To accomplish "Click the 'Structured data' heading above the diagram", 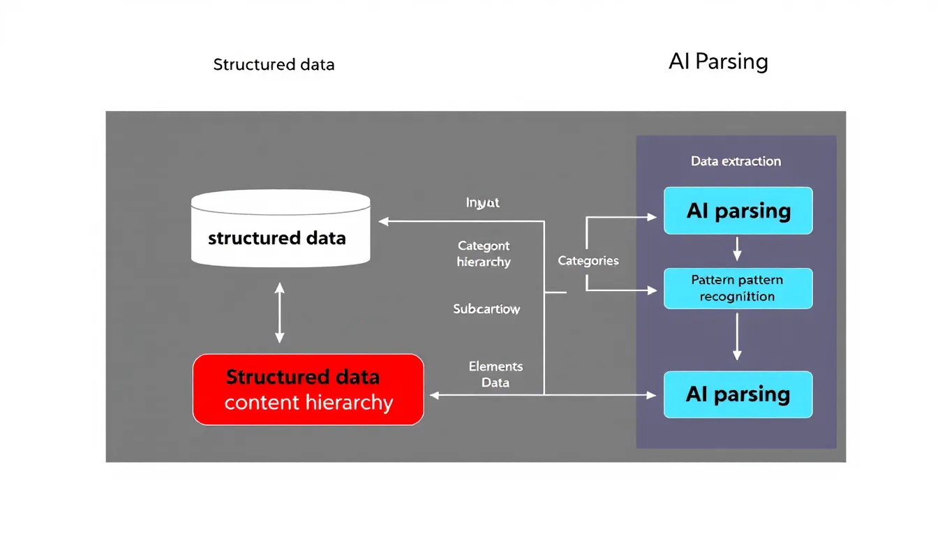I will click(274, 65).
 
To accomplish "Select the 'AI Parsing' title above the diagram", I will click(718, 61).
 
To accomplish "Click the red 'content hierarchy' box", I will click(308, 389).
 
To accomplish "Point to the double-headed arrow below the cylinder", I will click(280, 313).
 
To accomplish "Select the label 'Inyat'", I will click(483, 203).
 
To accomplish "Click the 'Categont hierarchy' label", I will click(484, 254).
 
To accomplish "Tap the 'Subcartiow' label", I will click(486, 308).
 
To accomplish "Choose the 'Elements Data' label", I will click(496, 374).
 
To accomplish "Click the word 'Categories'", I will click(588, 261).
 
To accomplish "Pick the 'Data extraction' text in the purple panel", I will click(736, 161).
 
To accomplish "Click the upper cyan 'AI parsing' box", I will click(738, 211).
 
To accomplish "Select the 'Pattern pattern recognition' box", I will click(738, 288).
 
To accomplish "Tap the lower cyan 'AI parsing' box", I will click(738, 394).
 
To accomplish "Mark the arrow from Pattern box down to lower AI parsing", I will click(738, 338).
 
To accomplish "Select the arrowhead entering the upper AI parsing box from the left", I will click(652, 217).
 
